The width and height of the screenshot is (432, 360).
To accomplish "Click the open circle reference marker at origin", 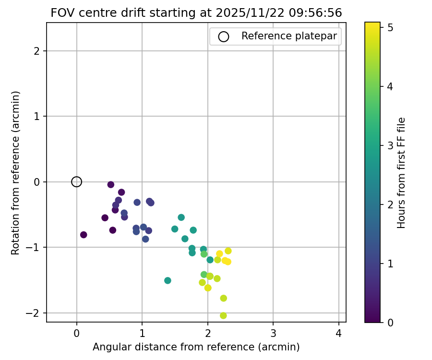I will (77, 182).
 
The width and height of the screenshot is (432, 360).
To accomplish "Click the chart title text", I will (196, 13).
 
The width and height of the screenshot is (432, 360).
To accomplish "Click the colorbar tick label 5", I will (390, 28).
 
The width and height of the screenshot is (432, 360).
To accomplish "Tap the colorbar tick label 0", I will (390, 322).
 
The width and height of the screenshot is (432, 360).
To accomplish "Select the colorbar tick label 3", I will (390, 145).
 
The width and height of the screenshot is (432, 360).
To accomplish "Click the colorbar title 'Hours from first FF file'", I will (402, 173).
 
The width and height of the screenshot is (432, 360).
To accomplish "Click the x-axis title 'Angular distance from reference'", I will (196, 347).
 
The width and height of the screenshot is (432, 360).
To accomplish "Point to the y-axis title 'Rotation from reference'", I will (15, 173).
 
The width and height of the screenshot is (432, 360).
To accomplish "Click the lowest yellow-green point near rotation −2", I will (223, 315).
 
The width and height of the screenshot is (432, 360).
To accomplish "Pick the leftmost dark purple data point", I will (84, 235).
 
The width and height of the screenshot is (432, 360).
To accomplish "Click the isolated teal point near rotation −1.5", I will (168, 280).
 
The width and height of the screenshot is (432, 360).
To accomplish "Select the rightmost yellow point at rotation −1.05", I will (228, 251).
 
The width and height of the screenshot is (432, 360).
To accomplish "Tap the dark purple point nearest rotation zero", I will (111, 185).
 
